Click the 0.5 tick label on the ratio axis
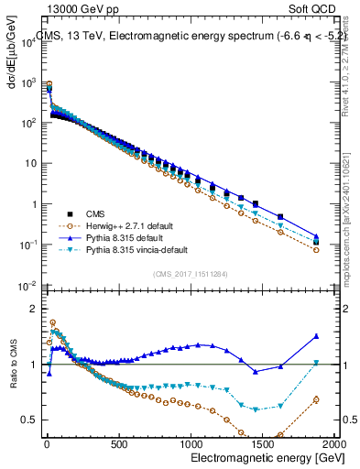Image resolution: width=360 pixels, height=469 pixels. tap(27, 420)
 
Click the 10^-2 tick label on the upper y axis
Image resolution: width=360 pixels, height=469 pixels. tap(25, 286)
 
